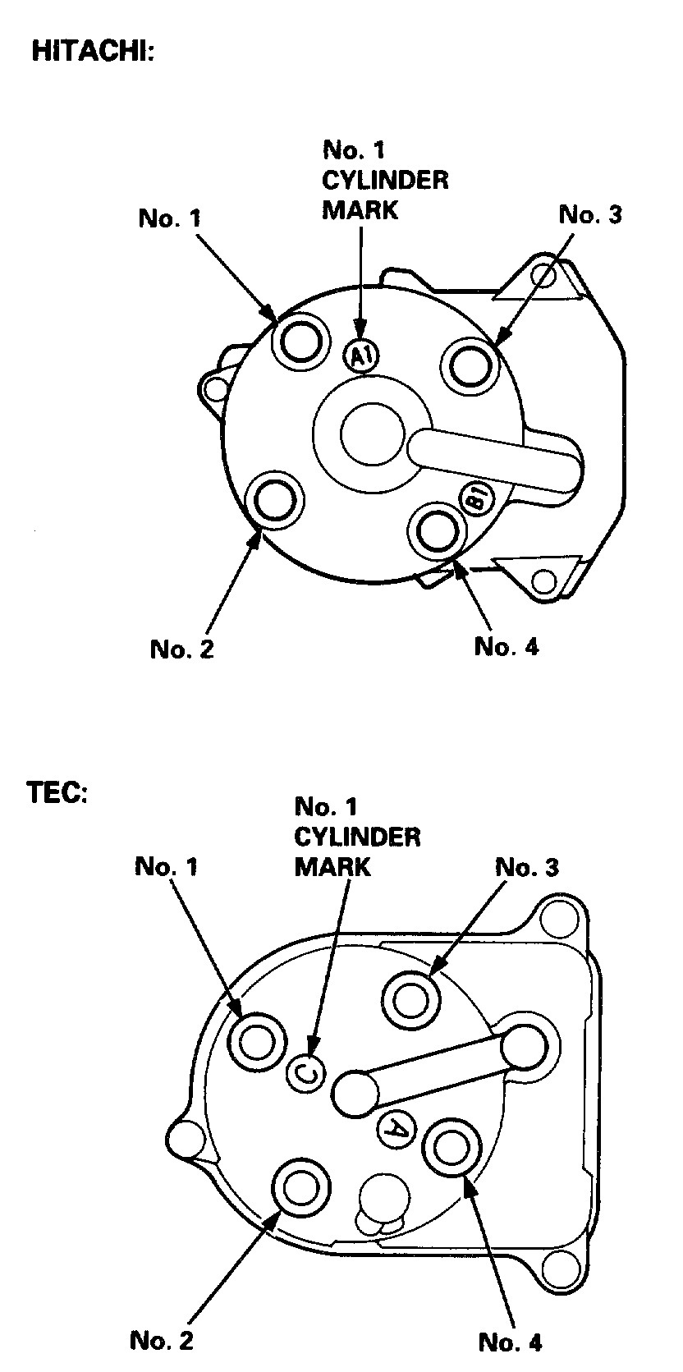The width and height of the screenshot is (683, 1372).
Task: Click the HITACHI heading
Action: (x=92, y=51)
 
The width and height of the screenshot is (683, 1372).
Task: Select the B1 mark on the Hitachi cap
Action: (x=479, y=498)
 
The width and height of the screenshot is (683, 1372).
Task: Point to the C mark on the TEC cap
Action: (x=306, y=1071)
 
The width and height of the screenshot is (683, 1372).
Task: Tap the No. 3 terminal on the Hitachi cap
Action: (x=470, y=362)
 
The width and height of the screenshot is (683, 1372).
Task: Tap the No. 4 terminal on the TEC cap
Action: (x=452, y=1147)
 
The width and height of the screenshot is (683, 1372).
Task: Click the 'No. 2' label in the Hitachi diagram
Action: (x=181, y=649)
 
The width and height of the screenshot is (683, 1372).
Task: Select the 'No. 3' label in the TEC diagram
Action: (x=527, y=867)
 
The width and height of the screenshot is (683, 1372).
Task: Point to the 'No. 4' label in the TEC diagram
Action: (x=510, y=1342)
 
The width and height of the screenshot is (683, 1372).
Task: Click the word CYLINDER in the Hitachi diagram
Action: (x=384, y=180)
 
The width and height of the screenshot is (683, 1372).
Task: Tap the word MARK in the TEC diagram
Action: (x=332, y=866)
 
